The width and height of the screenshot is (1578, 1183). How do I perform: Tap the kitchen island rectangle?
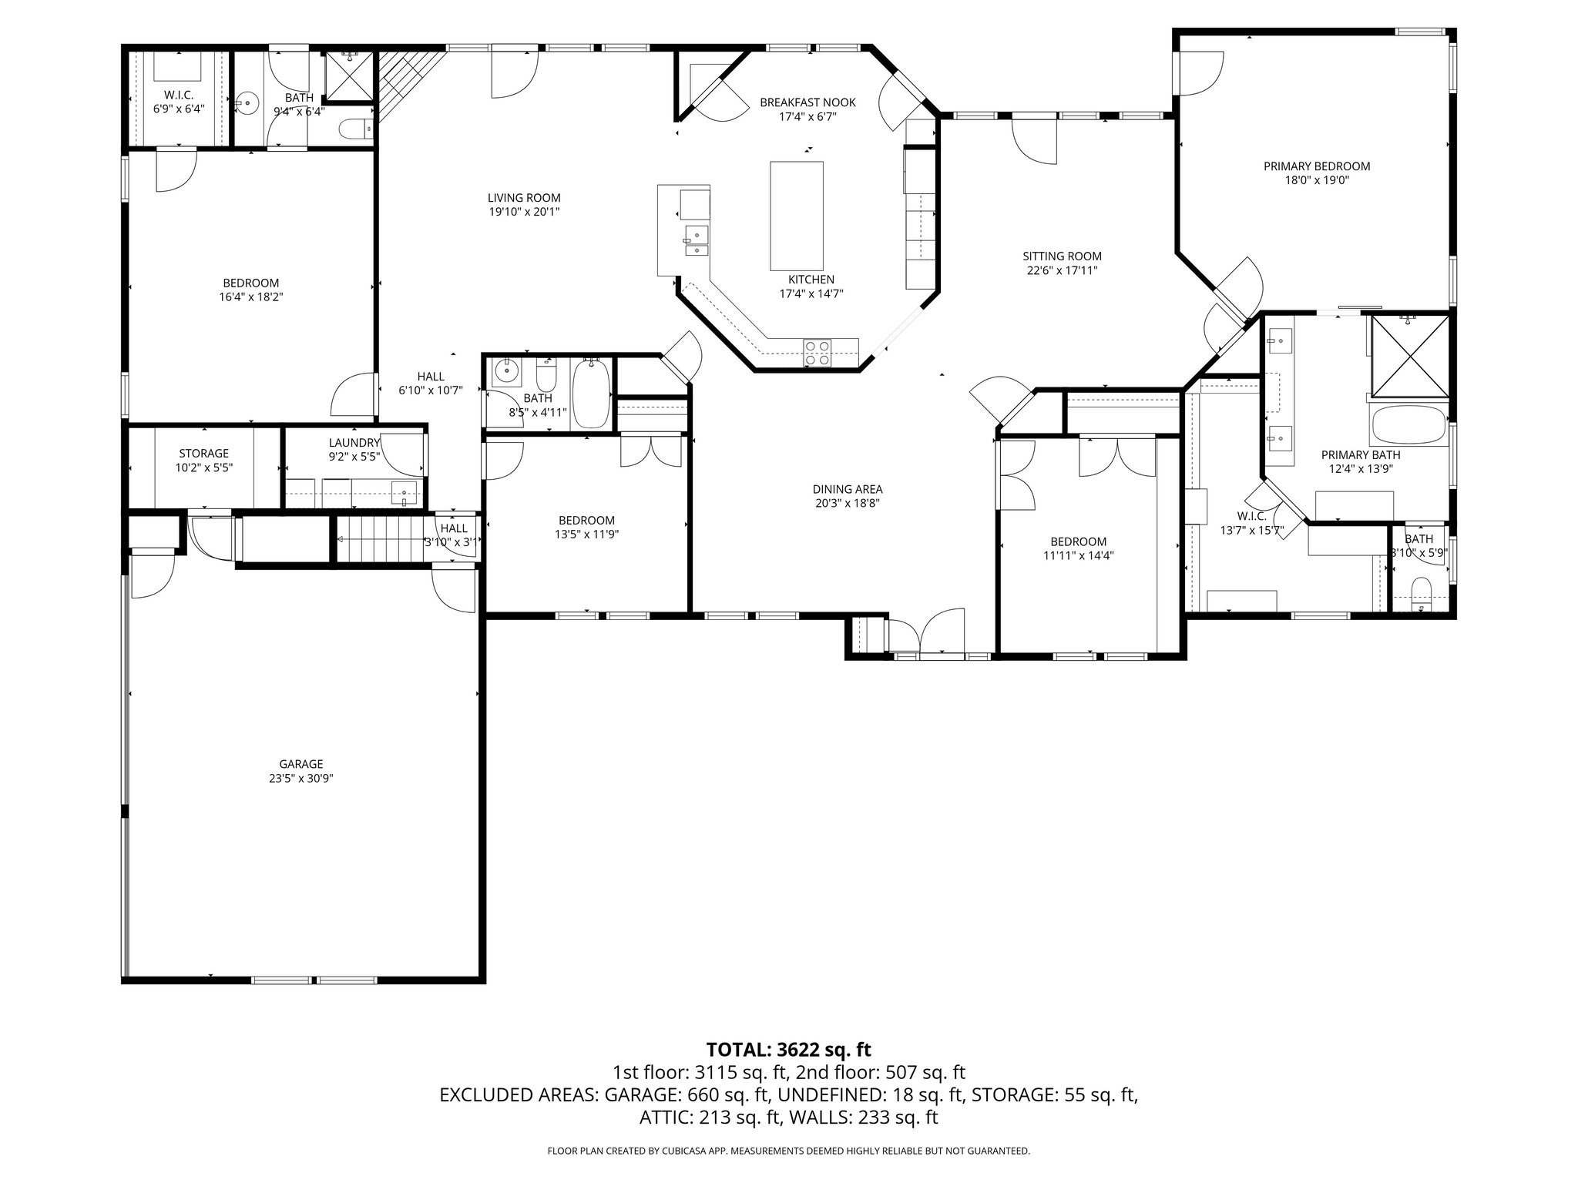797,215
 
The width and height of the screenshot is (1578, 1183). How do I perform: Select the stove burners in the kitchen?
817,353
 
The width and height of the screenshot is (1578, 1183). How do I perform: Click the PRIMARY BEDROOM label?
1316,166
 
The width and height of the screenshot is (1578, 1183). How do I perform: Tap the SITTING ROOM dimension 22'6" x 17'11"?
1062,270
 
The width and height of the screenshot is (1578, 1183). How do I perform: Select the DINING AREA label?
848,489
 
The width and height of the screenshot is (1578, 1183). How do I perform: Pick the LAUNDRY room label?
354,443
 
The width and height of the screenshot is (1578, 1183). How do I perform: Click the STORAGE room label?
203,454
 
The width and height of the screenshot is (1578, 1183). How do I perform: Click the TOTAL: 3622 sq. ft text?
788,1049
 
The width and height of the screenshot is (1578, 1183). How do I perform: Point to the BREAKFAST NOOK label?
807,102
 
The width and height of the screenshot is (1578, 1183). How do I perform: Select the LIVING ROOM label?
524,198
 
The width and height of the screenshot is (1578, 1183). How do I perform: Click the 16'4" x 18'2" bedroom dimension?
251,297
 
